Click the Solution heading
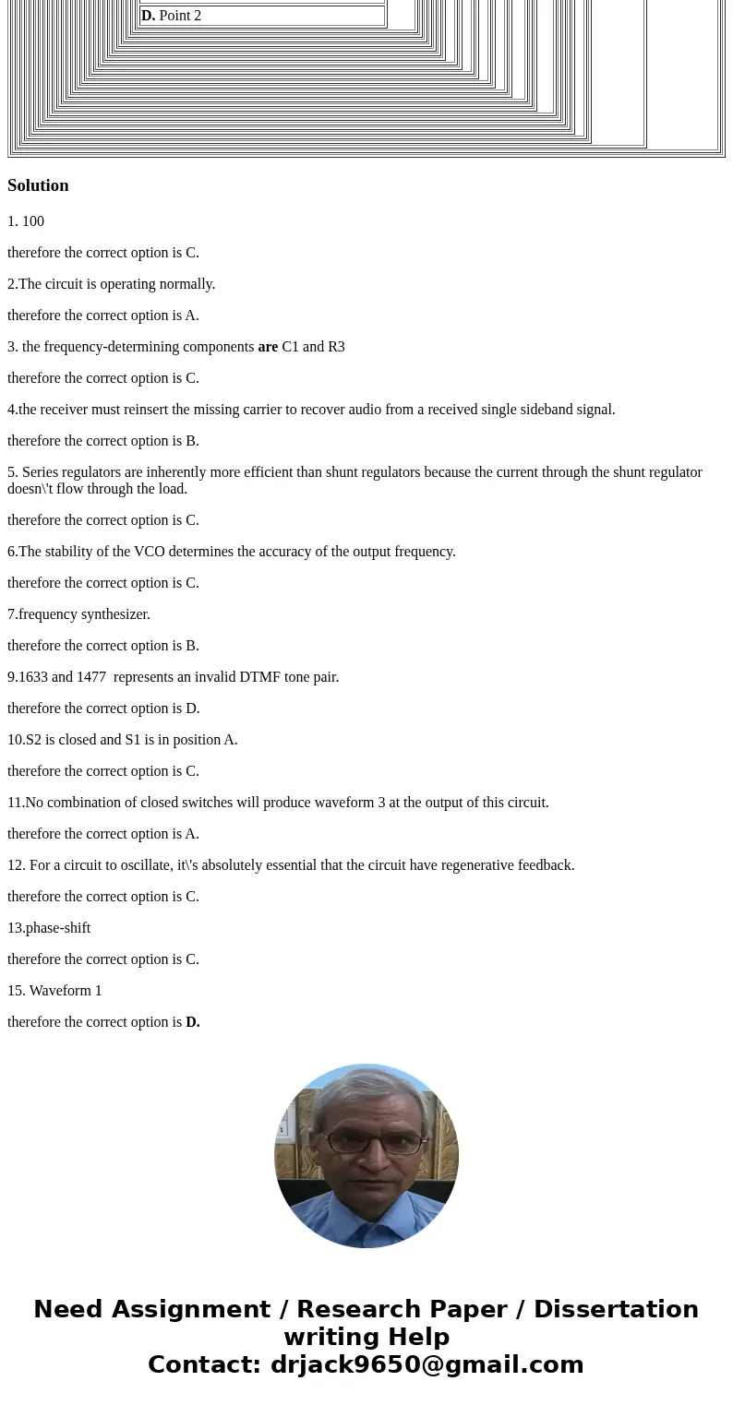pyautogui.click(x=38, y=185)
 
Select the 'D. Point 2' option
pyautogui.click(x=171, y=16)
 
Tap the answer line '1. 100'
pyautogui.click(x=26, y=221)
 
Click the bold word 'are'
pyautogui.click(x=268, y=347)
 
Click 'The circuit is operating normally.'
pyautogui.click(x=116, y=284)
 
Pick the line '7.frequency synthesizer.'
pyautogui.click(x=78, y=614)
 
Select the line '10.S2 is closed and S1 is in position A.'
pyautogui.click(x=123, y=740)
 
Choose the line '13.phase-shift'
pyautogui.click(x=49, y=928)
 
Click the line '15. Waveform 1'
pyautogui.click(x=54, y=991)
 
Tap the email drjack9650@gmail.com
pyautogui.click(x=427, y=1364)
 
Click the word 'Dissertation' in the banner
pyautogui.click(x=616, y=1309)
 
